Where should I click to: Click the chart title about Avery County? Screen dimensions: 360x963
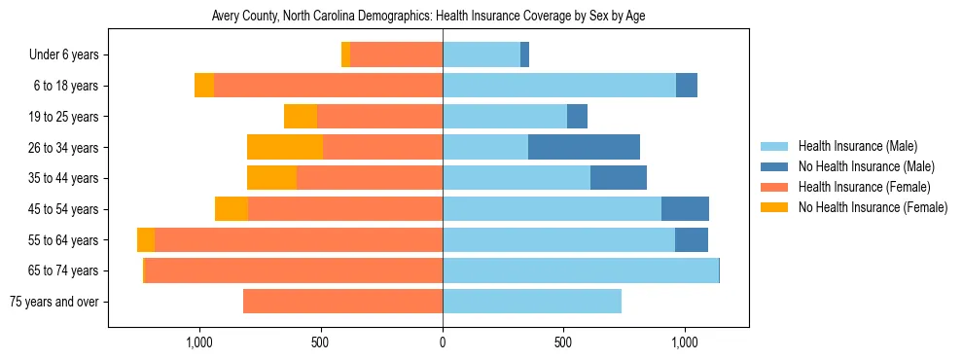(428, 17)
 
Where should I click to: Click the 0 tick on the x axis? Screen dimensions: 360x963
(443, 342)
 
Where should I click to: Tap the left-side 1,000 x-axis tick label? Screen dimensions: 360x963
(199, 342)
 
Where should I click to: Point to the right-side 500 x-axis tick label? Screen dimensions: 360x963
(563, 342)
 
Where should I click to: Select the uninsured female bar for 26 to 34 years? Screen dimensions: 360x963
(285, 147)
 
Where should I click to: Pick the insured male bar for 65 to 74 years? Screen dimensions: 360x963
(581, 270)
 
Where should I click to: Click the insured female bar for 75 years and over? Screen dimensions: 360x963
(342, 302)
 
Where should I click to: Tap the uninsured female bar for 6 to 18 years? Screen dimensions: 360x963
(204, 86)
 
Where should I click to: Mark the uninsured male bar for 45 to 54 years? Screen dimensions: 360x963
(685, 209)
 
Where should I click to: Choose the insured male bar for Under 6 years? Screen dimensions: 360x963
(481, 54)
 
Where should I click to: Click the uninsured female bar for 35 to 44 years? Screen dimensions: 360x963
(271, 178)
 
